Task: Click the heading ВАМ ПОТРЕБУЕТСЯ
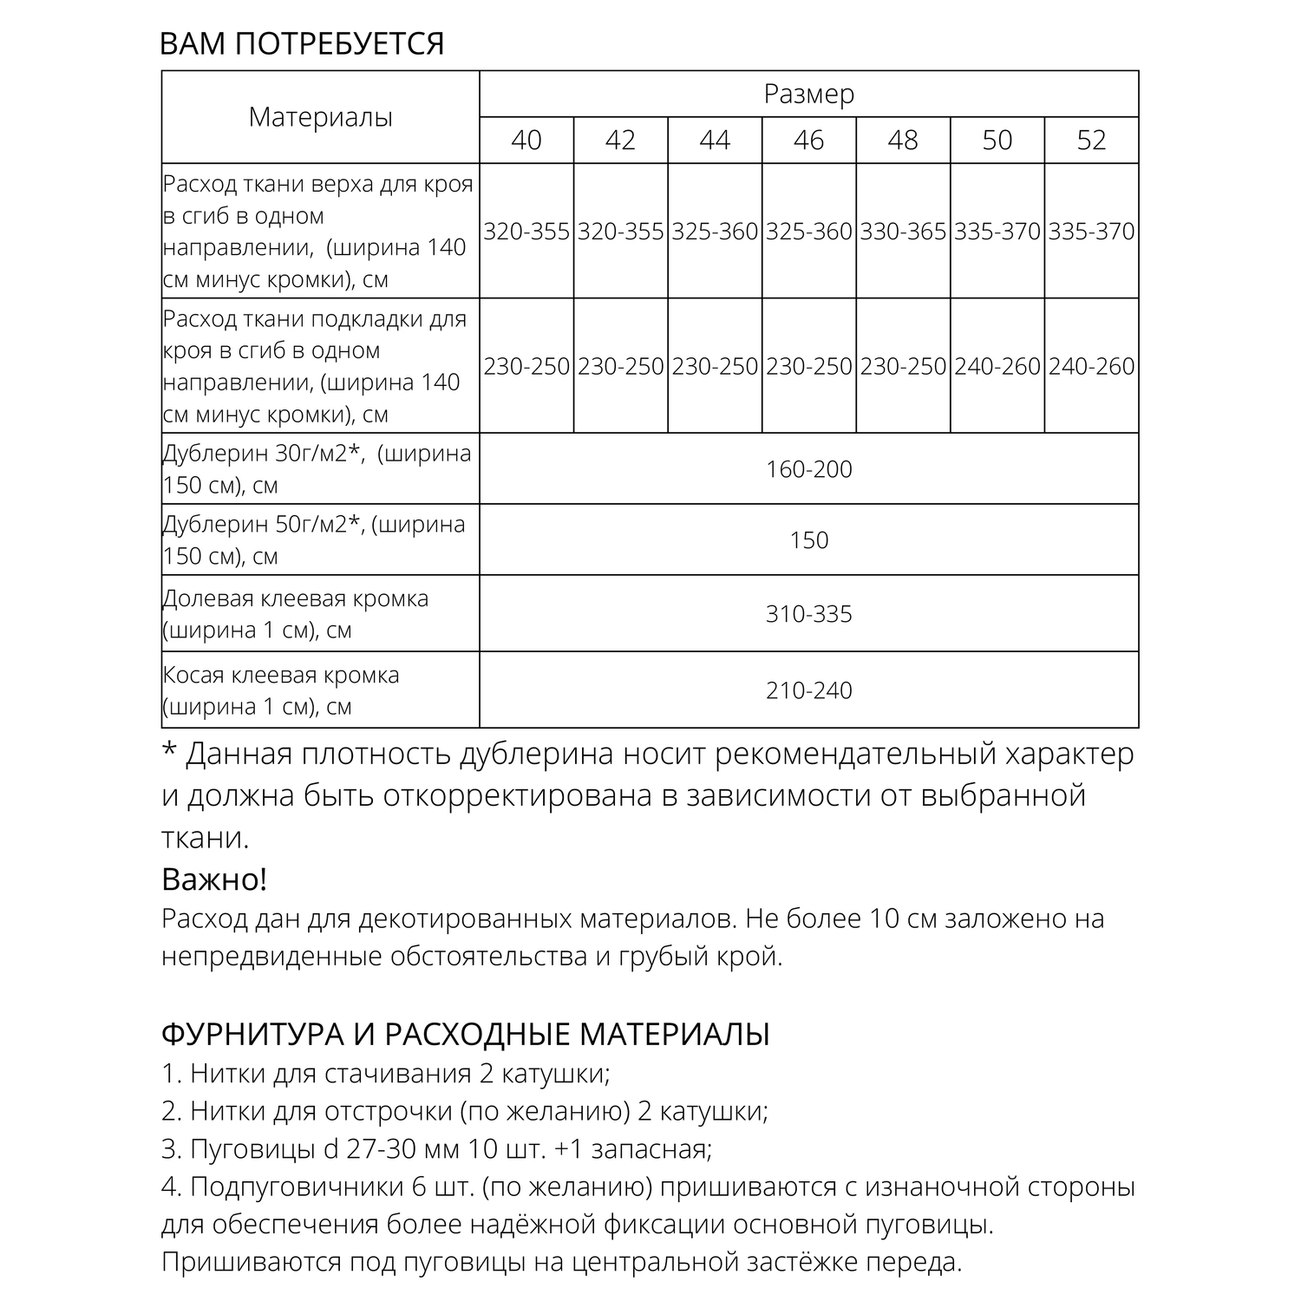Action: [302, 43]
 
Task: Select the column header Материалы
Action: [320, 117]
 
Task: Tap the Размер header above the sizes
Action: [808, 94]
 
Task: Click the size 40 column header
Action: [526, 141]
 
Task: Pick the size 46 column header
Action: [808, 141]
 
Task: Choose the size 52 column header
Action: [1091, 141]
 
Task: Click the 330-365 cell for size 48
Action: [903, 232]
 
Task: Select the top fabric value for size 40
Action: [526, 232]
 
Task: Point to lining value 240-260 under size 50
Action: [997, 367]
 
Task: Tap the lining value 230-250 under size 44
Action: [715, 367]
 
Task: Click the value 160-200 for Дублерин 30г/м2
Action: [808, 469]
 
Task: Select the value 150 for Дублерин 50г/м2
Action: [808, 540]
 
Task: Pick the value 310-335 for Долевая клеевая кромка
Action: [808, 614]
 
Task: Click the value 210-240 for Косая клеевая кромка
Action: [808, 690]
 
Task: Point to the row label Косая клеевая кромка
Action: [281, 675]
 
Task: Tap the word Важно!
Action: [214, 879]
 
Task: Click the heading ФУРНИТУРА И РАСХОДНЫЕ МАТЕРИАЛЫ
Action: [466, 1034]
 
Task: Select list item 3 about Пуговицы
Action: [437, 1149]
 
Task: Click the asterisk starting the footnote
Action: [169, 751]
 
